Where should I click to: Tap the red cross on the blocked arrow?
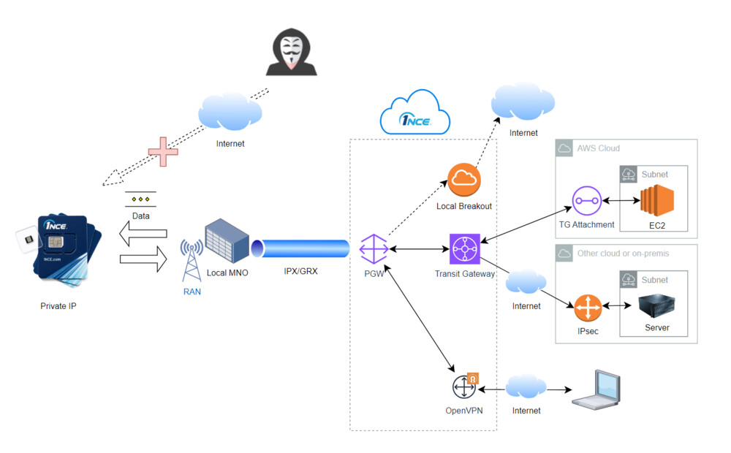pos(163,151)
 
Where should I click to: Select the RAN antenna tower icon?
pos(192,260)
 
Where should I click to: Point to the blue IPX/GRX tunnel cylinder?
pos(300,248)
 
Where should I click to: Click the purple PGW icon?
pos(374,250)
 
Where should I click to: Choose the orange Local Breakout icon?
pos(464,180)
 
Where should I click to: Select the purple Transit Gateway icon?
pos(464,250)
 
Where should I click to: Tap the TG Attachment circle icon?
pos(586,199)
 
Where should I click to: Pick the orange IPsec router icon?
pos(586,309)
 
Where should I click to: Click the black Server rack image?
pos(656,305)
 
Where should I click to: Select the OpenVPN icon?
pos(464,384)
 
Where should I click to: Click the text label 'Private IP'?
pos(58,306)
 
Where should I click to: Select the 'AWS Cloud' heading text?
pos(598,148)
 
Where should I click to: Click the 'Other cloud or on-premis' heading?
pos(623,254)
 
